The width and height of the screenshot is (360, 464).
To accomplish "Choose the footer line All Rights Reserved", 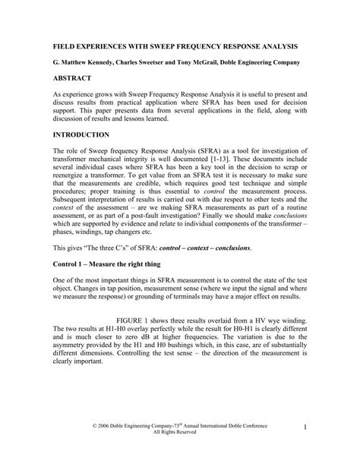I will (x=179, y=440).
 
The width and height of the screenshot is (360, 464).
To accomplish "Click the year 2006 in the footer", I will (x=93, y=431).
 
